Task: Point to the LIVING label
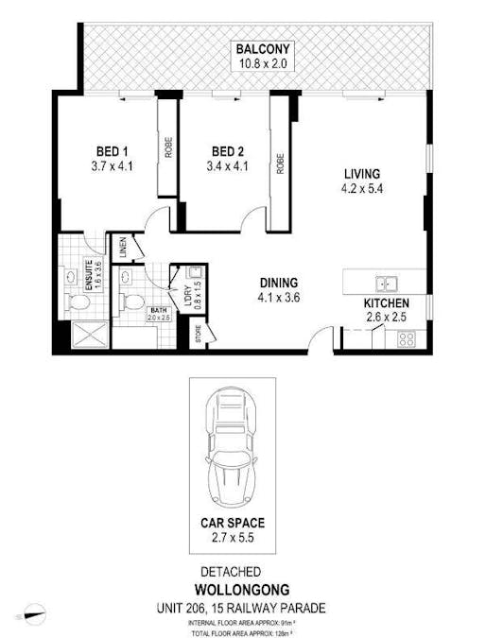361,174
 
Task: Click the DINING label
279,282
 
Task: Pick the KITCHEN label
387,302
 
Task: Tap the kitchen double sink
385,282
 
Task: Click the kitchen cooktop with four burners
408,337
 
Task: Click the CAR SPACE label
232,522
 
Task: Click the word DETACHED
231,572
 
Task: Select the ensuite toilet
78,302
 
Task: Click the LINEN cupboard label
123,250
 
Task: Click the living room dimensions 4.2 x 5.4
361,188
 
